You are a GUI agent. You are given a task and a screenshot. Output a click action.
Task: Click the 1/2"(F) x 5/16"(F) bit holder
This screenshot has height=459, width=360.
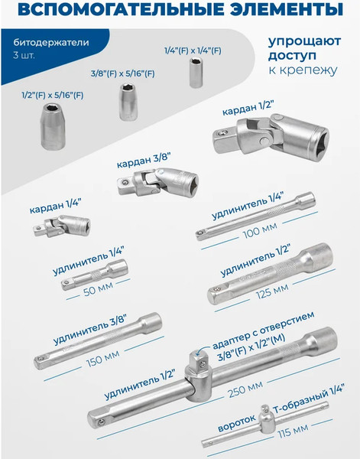(55, 125)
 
